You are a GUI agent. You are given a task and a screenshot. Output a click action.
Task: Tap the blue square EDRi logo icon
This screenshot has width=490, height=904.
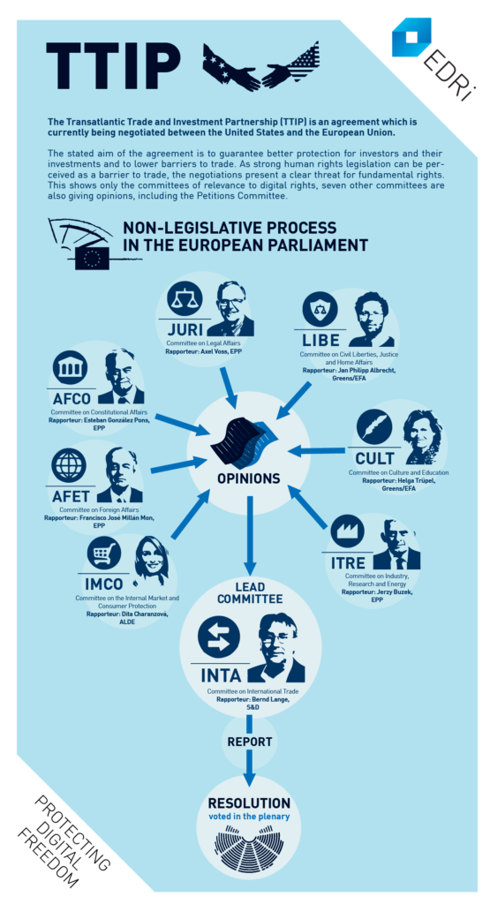pos(411,37)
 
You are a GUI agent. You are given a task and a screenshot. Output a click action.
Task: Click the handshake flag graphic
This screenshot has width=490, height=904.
pos(260,66)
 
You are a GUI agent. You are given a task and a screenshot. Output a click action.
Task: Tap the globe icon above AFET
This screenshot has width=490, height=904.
pos(69,466)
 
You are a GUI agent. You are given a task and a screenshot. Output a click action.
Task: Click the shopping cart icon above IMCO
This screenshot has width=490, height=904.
pos(104,554)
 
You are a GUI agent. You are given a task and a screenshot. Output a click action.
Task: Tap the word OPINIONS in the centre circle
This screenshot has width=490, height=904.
pos(249,478)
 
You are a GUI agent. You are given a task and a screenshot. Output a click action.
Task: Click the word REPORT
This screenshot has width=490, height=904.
pos(250,742)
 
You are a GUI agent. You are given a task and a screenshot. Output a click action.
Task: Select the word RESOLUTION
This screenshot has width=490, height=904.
pos(249,803)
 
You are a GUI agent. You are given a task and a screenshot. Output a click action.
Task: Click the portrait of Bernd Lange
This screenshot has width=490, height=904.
pos(276,648)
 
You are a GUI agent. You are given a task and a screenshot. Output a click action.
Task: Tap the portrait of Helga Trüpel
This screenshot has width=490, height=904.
pos(425,437)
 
